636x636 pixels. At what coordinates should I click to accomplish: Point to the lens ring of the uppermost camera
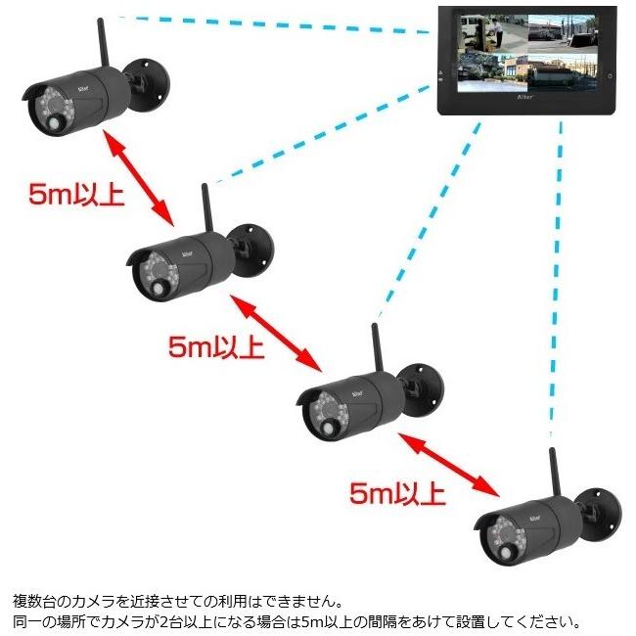(x=48, y=103)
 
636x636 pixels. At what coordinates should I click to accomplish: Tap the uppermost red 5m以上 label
(x=76, y=194)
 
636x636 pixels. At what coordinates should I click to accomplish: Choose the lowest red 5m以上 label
(x=397, y=491)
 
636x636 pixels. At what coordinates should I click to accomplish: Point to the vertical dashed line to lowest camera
(x=559, y=294)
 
